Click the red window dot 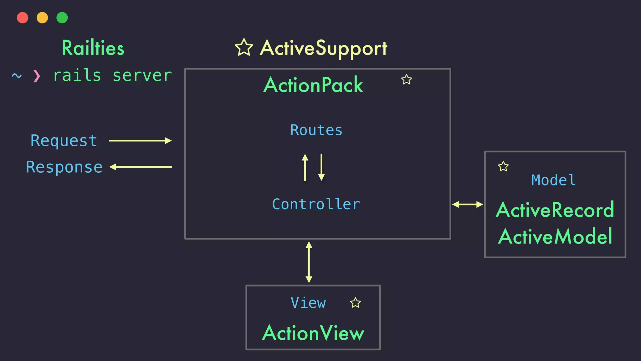pyautogui.click(x=23, y=18)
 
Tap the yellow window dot pyautogui.click(x=42, y=18)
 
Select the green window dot pyautogui.click(x=62, y=18)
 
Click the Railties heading pyautogui.click(x=93, y=48)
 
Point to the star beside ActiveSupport pyautogui.click(x=244, y=48)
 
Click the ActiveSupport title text pyautogui.click(x=324, y=48)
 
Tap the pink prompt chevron pyautogui.click(x=37, y=76)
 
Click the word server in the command pyautogui.click(x=142, y=76)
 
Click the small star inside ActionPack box pyautogui.click(x=406, y=80)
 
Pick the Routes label pyautogui.click(x=316, y=130)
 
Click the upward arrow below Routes pyautogui.click(x=305, y=167)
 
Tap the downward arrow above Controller pyautogui.click(x=321, y=167)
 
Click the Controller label pyautogui.click(x=316, y=204)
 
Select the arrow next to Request pyautogui.click(x=140, y=141)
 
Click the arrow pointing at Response pyautogui.click(x=141, y=167)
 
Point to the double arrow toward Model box pyautogui.click(x=468, y=205)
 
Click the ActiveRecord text pyautogui.click(x=555, y=210)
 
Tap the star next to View pyautogui.click(x=355, y=303)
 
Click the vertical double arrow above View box pyautogui.click(x=309, y=262)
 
